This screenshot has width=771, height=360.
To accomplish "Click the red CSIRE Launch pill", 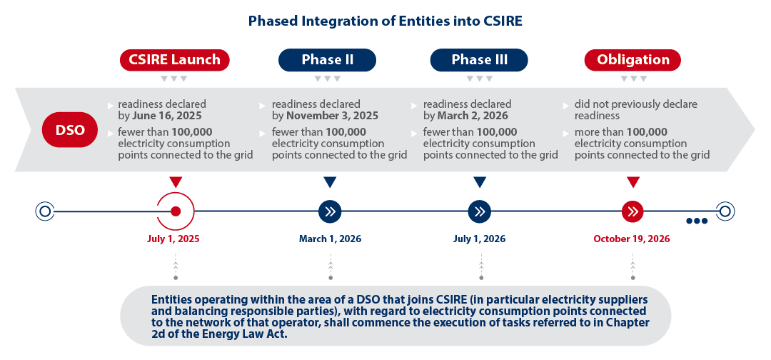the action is pyautogui.click(x=175, y=60).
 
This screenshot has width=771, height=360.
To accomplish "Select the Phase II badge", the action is pyautogui.click(x=327, y=60).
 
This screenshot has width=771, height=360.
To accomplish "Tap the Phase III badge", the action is pyautogui.click(x=479, y=60).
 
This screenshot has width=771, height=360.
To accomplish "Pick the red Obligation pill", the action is pyautogui.click(x=633, y=60).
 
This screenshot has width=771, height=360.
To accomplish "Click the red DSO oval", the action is pyautogui.click(x=70, y=130).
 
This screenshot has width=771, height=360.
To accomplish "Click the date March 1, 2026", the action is pyautogui.click(x=330, y=239).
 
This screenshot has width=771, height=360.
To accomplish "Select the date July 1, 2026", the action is pyautogui.click(x=480, y=239).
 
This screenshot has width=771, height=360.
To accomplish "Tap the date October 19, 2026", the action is pyautogui.click(x=631, y=239).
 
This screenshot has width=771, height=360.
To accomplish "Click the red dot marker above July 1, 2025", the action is pyautogui.click(x=176, y=211).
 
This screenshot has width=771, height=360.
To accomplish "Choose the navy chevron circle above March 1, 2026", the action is pyautogui.click(x=330, y=211).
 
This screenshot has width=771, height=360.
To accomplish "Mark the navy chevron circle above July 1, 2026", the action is pyautogui.click(x=480, y=211).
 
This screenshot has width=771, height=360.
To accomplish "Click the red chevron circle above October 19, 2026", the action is pyautogui.click(x=633, y=211).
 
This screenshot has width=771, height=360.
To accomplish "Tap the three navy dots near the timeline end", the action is pyautogui.click(x=697, y=221).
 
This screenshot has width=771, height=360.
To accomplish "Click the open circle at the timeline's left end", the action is pyautogui.click(x=45, y=211).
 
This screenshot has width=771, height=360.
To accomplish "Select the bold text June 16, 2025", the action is pyautogui.click(x=167, y=116).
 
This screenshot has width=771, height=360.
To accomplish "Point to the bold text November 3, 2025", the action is pyautogui.click(x=333, y=116).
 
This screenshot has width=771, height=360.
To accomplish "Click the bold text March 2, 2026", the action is pyautogui.click(x=473, y=116).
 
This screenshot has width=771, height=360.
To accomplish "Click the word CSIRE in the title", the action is pyautogui.click(x=500, y=21).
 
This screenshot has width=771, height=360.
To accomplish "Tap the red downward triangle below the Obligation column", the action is pyautogui.click(x=633, y=182).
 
